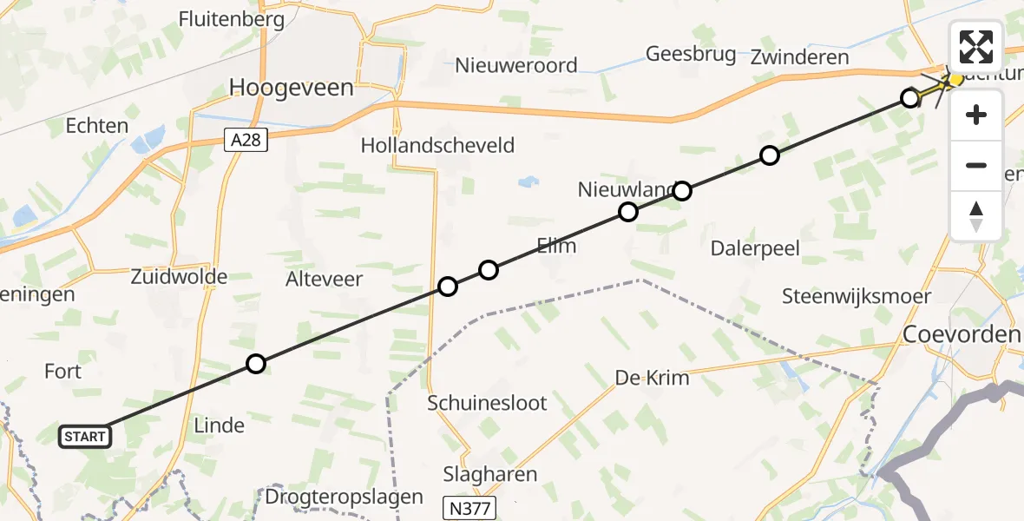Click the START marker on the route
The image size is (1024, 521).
click(85, 436)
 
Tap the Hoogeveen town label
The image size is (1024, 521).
click(291, 87)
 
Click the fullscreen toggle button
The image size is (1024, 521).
click(976, 46)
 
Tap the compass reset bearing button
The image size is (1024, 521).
click(976, 215)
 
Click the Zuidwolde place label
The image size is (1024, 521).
click(179, 277)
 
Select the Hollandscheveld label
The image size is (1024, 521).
click(437, 145)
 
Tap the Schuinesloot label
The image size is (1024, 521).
click(487, 403)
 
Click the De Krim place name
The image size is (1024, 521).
click(652, 378)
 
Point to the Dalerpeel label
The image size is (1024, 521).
click(755, 248)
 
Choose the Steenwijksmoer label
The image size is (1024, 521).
click(856, 296)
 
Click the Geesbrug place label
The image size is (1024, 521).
click(691, 54)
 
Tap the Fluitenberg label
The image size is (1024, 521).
click(231, 19)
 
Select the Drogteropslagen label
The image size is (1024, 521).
click(345, 498)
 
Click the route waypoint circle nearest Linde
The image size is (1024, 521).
click(255, 364)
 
